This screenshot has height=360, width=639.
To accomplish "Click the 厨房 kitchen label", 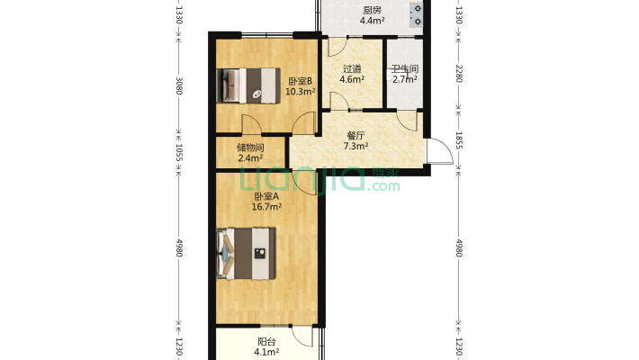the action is pos(372,10).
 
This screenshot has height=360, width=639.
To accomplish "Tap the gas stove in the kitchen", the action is pos(416,14).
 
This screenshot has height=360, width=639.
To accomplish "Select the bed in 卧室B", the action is pos(248,85).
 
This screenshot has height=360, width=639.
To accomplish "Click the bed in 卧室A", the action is pos(246,253).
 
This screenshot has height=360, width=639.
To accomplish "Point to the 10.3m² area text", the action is pos(301,91).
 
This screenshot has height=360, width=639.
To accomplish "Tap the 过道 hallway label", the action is pos(352,69).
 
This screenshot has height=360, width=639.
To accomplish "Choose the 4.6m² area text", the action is pos(352,79).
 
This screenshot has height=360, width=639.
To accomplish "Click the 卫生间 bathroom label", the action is pos(405,69).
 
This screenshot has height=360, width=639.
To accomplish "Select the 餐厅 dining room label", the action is pos(355,135).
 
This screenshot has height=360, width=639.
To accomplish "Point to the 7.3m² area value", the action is pos(356,146).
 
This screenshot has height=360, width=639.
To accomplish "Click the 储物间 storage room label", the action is pos(250,148).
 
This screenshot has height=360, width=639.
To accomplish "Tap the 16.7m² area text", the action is pos(266,207).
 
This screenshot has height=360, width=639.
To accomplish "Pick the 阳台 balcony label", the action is pos(266,342).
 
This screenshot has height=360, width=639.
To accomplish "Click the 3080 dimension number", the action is pos(178,85).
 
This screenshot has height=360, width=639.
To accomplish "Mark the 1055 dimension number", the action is pos(178,152).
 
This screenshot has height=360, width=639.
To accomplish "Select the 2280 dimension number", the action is pos(458,74).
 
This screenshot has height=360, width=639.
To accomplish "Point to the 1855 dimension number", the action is pos(458,139).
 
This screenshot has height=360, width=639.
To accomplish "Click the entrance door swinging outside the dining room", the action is pos(440,151).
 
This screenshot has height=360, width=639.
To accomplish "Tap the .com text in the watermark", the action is pos(383,186).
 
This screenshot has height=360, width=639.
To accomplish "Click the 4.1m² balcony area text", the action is pos(266,352).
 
